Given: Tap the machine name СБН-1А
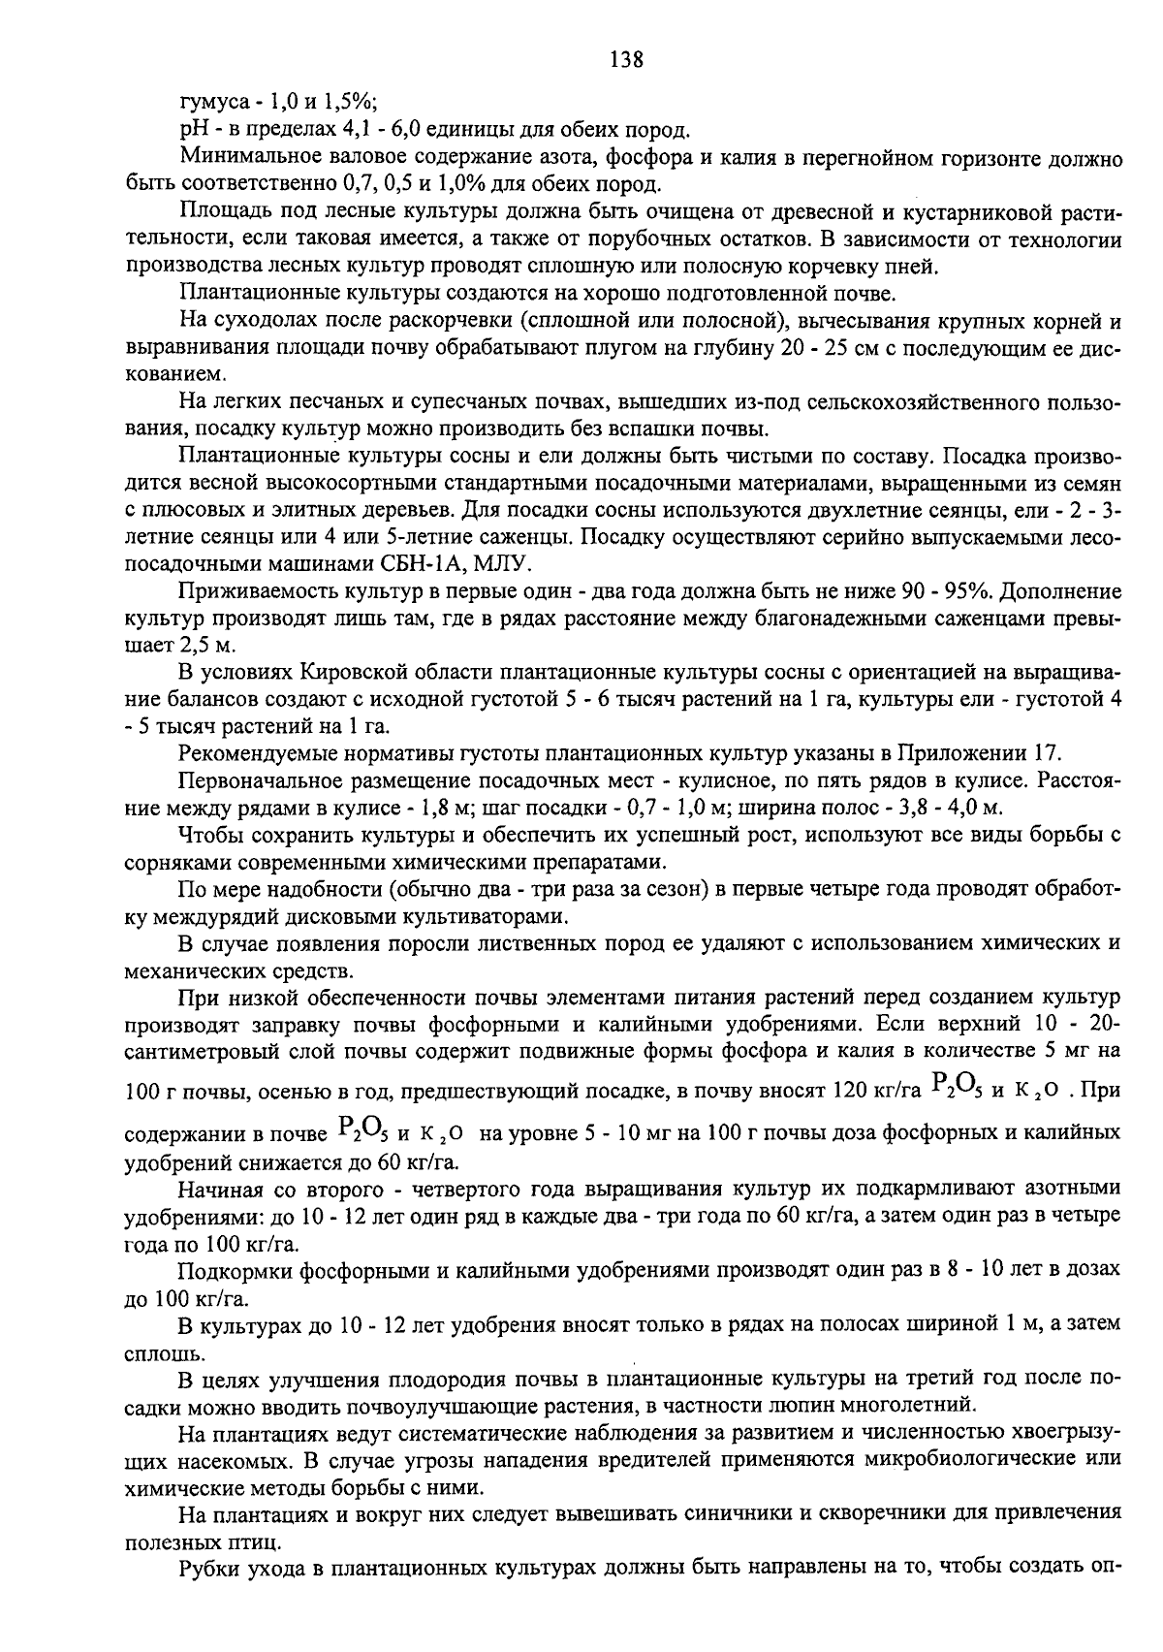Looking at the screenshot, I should coord(393,563).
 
